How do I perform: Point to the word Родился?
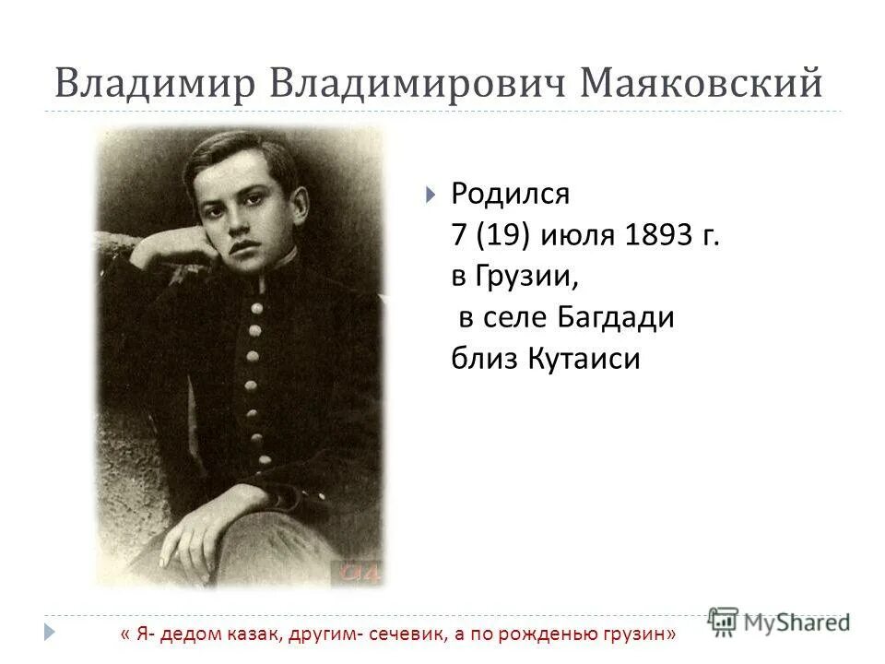(511, 195)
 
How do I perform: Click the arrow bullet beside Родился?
(431, 196)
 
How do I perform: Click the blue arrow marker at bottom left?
(49, 634)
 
